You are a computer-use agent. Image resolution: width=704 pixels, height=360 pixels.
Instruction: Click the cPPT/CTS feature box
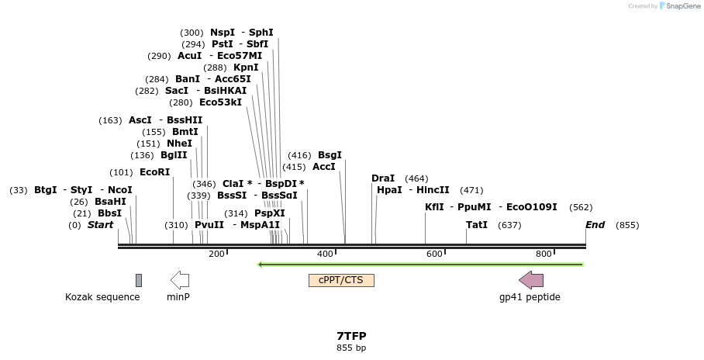click(341, 280)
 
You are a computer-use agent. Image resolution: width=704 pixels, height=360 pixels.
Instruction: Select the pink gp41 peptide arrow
click(531, 280)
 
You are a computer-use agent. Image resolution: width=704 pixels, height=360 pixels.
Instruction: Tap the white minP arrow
click(179, 280)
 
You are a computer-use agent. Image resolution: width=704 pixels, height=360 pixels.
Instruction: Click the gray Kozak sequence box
click(139, 280)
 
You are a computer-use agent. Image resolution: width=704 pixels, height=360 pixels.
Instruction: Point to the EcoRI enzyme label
click(154, 172)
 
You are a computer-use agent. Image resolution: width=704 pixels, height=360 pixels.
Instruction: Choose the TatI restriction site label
click(477, 225)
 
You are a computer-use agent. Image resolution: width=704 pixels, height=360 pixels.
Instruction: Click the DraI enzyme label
click(383, 178)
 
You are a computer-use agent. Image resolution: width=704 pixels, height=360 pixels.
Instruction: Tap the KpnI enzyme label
click(246, 67)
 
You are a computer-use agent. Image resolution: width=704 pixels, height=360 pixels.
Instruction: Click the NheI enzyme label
click(179, 144)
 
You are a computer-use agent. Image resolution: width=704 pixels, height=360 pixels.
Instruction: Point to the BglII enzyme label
click(174, 155)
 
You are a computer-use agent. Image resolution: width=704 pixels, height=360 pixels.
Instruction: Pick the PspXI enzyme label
click(270, 213)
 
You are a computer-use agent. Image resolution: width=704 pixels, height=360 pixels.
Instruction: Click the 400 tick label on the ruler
click(326, 254)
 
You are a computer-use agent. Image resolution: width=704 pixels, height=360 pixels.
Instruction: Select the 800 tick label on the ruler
click(544, 254)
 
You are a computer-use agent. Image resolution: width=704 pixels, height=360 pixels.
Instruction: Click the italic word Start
click(100, 225)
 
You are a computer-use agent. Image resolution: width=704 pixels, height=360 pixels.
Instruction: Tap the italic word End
click(595, 225)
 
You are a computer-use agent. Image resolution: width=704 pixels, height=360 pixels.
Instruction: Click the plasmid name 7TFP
click(351, 336)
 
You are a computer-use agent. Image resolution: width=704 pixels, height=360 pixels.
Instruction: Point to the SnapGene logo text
click(679, 6)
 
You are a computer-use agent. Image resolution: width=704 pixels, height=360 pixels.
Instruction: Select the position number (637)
click(509, 225)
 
